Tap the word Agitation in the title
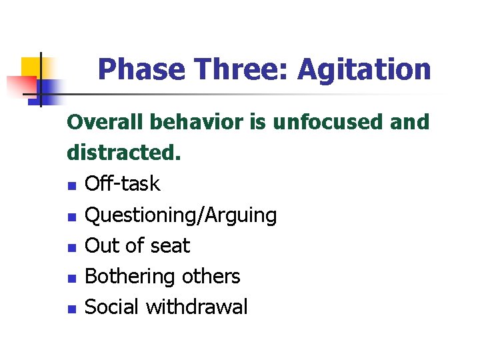click(x=364, y=69)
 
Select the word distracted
click(x=123, y=153)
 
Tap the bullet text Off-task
click(x=123, y=184)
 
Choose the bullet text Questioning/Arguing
click(x=181, y=215)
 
